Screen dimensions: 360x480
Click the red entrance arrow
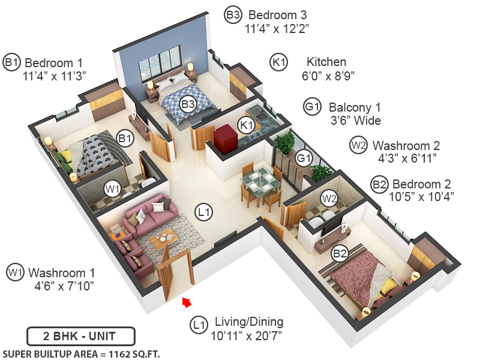[187, 302]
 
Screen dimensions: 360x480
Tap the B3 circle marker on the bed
[188, 104]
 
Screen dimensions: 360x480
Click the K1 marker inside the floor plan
[246, 125]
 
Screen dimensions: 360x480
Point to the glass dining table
[258, 179]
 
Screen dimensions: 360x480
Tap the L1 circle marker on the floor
[205, 211]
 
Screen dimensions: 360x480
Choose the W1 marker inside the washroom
[113, 188]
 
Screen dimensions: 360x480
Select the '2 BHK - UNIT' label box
[81, 336]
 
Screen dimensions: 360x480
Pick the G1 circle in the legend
[312, 107]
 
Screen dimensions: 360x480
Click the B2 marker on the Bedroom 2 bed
[340, 254]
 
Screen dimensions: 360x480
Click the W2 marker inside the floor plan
[328, 196]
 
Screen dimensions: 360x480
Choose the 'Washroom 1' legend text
[61, 272]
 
